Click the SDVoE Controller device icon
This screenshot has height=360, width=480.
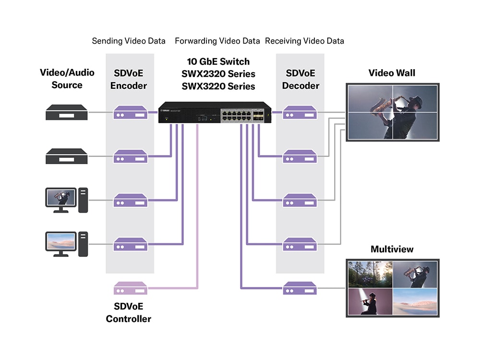pos(130,288)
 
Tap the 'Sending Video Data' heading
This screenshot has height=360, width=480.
pos(129,41)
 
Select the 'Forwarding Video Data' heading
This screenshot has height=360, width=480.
pos(217,41)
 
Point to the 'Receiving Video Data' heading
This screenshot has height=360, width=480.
pos(304,41)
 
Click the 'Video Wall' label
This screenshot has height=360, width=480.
pos(392,73)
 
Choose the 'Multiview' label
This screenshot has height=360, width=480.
pos(392,249)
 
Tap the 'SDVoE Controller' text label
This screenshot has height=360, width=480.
pos(129,312)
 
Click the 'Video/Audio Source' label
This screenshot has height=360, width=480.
pos(67,79)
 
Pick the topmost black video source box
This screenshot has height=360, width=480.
pos(67,112)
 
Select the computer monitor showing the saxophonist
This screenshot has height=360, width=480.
pos(60,198)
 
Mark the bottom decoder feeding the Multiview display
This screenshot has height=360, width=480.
pos(300,288)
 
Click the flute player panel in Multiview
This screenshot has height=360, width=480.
pos(369,301)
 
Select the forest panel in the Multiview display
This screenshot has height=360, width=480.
pos(369,274)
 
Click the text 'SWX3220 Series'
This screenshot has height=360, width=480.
pos(218,86)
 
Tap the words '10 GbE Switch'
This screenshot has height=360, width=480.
pos(218,61)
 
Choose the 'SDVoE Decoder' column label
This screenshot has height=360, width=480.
pos(300,79)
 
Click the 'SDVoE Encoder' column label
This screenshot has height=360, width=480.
pos(129,79)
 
